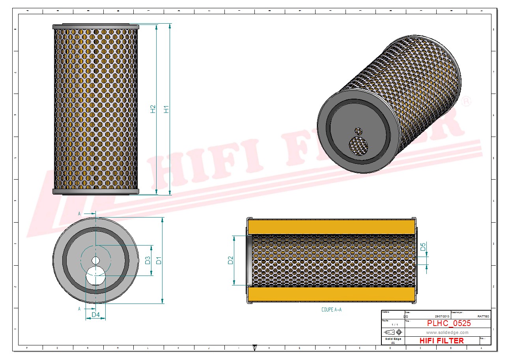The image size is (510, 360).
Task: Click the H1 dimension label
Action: (167, 109)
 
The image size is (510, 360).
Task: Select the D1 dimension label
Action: (159, 260)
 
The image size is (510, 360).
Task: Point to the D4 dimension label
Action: (95, 315)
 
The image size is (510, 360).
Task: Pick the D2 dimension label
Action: (231, 260)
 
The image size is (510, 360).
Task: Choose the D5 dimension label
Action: (423, 247)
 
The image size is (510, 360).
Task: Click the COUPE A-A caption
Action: (331, 310)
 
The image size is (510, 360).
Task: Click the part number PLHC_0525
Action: (449, 323)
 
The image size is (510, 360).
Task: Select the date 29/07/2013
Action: (442, 317)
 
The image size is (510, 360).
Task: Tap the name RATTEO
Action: (483, 317)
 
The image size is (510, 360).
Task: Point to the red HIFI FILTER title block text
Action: (441, 341)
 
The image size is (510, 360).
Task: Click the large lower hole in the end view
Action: (96, 276)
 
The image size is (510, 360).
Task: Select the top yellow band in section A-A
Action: (331, 227)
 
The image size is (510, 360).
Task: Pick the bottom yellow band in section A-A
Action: (331, 294)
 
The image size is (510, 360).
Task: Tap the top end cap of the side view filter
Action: (96, 26)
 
